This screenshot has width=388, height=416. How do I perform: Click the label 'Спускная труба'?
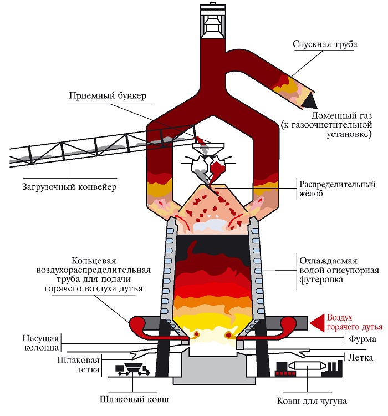coord(325,44)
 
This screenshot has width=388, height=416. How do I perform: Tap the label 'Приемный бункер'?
coord(108,95)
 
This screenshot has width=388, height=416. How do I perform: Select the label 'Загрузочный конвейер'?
coord(69,187)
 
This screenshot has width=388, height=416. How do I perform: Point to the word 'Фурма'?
coord(363,339)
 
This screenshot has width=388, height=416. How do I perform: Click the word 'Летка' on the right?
coord(361,358)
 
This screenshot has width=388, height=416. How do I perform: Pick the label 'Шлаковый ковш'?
coord(134,399)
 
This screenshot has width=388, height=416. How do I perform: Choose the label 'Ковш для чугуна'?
coord(312,401)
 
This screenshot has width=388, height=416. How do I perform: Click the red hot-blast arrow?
coord(317,323)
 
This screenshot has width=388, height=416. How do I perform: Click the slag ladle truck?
coord(132,369)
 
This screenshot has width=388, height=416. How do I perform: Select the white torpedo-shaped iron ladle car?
coord(308,366)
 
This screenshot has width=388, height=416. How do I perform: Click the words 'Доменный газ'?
coord(341,116)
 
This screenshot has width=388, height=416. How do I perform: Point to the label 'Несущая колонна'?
coord(42,343)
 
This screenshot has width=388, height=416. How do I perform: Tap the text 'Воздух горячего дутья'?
coord(355,322)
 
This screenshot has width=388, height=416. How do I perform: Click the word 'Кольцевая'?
coord(94,261)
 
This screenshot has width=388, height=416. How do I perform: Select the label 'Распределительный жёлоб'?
coord(338,189)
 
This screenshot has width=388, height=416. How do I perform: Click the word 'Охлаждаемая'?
coord(328,261)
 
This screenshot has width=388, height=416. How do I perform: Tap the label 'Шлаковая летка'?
coord(79,365)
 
